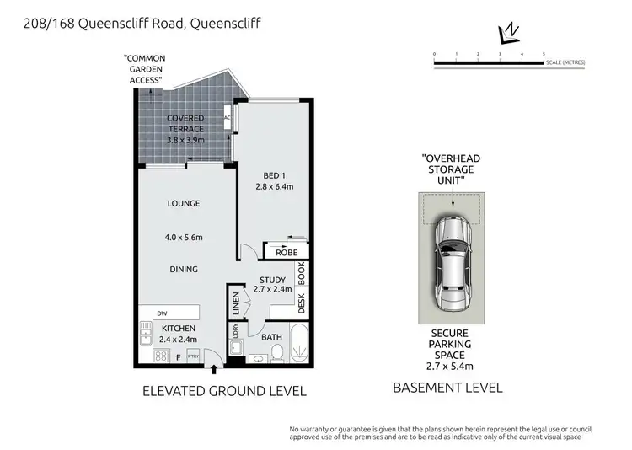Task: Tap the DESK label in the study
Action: pos(300,300)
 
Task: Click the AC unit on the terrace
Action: pos(228,120)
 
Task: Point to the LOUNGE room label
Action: pos(183,203)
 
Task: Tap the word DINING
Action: pos(183,270)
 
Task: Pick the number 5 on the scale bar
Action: pos(544,53)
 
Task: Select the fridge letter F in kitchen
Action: pos(179,357)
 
